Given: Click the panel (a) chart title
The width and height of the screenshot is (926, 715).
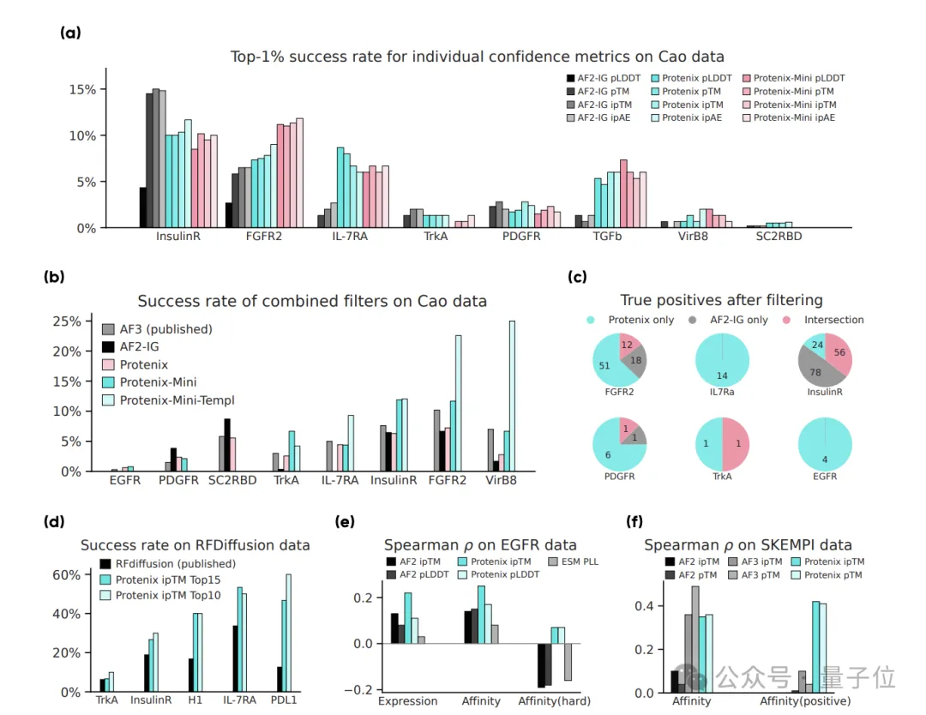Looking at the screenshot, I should click(x=477, y=57).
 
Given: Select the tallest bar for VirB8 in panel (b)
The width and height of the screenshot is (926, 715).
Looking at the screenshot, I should click(x=513, y=396).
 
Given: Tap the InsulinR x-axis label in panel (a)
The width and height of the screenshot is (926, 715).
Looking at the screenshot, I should click(x=178, y=236).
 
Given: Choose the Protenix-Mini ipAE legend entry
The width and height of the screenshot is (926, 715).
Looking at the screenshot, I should click(x=794, y=117).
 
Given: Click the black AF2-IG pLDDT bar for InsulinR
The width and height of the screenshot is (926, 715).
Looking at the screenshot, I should click(x=143, y=207).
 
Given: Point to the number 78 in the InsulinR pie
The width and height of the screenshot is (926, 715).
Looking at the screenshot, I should click(x=815, y=371).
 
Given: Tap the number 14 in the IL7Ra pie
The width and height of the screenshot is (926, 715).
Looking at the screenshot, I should click(x=722, y=376).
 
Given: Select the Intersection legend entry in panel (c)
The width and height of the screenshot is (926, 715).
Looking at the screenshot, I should click(x=833, y=320).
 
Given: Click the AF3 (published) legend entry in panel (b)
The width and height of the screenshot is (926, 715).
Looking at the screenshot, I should click(x=165, y=329).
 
